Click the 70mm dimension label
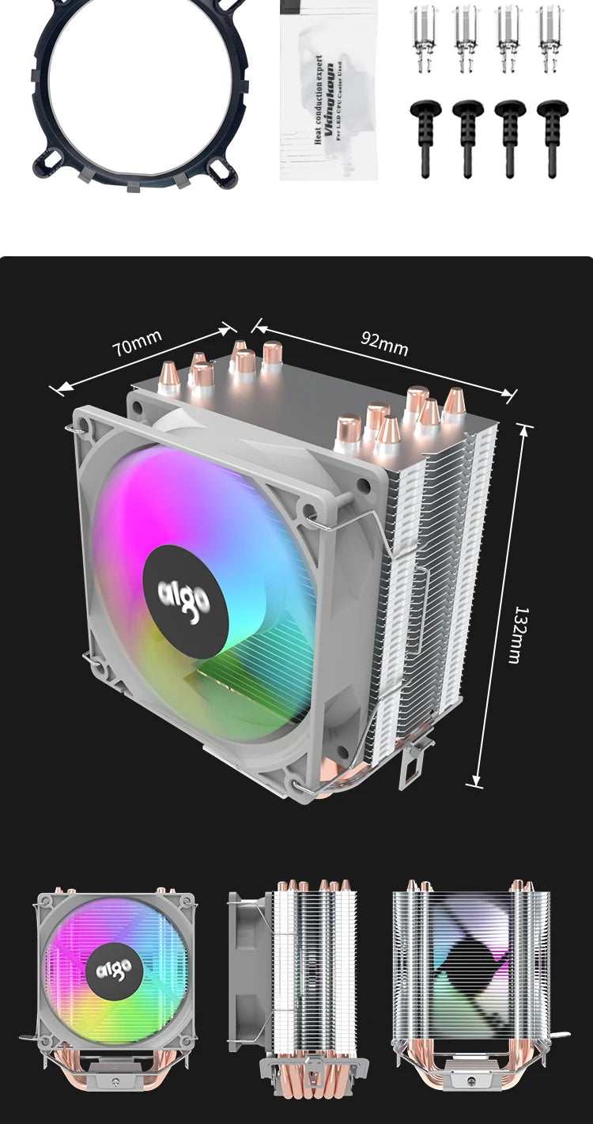click(137, 343)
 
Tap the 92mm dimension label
click(384, 342)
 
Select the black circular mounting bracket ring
click(127, 93)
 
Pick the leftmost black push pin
click(425, 136)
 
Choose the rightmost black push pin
click(552, 136)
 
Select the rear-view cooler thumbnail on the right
click(472, 978)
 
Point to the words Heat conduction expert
click(319, 100)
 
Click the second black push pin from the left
click(467, 136)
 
